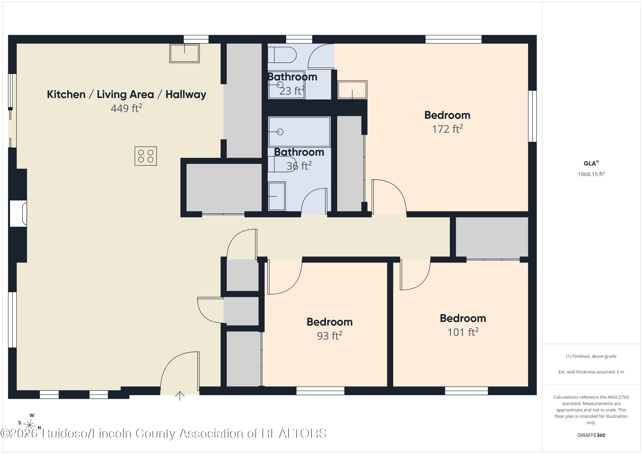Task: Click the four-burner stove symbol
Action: [146, 156]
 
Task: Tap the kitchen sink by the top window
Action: [185, 53]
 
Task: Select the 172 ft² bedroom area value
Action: [447, 129]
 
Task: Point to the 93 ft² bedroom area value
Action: [330, 335]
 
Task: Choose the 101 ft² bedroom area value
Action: [463, 332]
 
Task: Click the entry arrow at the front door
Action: [180, 396]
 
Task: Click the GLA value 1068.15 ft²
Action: [591, 174]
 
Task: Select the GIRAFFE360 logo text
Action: [591, 435]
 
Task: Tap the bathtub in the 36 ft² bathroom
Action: [299, 132]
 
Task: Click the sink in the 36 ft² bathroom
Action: [277, 196]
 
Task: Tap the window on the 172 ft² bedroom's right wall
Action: [532, 116]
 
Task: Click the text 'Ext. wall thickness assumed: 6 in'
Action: [591, 372]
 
